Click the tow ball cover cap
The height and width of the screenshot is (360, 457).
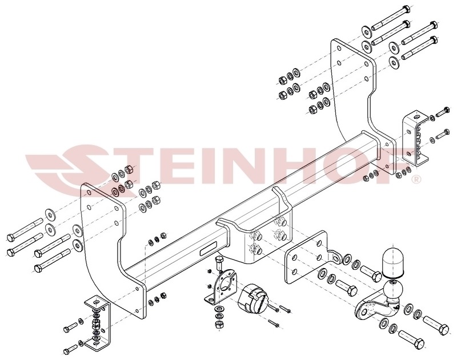point(392,263)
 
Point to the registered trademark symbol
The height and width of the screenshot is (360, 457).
point(416,178)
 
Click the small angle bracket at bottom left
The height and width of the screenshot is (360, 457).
point(98,323)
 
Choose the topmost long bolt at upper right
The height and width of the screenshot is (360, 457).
point(391,18)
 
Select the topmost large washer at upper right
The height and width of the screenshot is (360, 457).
point(366,32)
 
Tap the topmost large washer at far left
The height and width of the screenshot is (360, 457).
point(51,215)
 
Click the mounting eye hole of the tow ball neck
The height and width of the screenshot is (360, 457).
point(363,313)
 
